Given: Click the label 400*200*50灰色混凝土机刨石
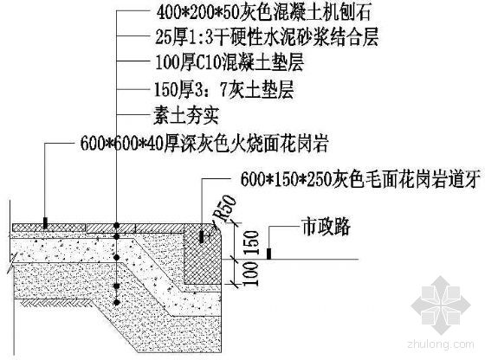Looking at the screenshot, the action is pyautogui.click(x=263, y=13).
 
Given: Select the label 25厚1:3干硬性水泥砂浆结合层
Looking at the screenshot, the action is pyautogui.click(x=267, y=37).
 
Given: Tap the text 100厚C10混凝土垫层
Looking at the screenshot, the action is pyautogui.click(x=230, y=62).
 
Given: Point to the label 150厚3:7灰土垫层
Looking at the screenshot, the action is pyautogui.click(x=224, y=90).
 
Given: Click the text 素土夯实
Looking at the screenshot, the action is pyautogui.click(x=186, y=116).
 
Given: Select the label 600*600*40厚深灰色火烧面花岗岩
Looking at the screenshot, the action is pyautogui.click(x=204, y=144).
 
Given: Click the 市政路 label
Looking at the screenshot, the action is pyautogui.click(x=327, y=227).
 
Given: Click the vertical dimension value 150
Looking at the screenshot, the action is pyautogui.click(x=251, y=243).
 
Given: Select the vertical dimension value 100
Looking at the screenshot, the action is pyautogui.click(x=251, y=273).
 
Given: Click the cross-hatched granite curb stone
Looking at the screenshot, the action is pyautogui.click(x=203, y=254).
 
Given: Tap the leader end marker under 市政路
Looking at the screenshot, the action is pyautogui.click(x=268, y=254).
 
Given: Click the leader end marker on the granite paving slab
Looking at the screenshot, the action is pyautogui.click(x=45, y=222).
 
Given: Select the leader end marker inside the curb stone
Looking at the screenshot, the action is pyautogui.click(x=202, y=237).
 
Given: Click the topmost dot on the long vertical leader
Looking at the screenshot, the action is pyautogui.click(x=116, y=225).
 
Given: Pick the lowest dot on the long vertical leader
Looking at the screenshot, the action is pyautogui.click(x=116, y=302).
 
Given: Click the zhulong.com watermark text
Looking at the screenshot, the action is pyautogui.click(x=441, y=344).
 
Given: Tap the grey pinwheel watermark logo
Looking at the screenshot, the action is pyautogui.click(x=441, y=305).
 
